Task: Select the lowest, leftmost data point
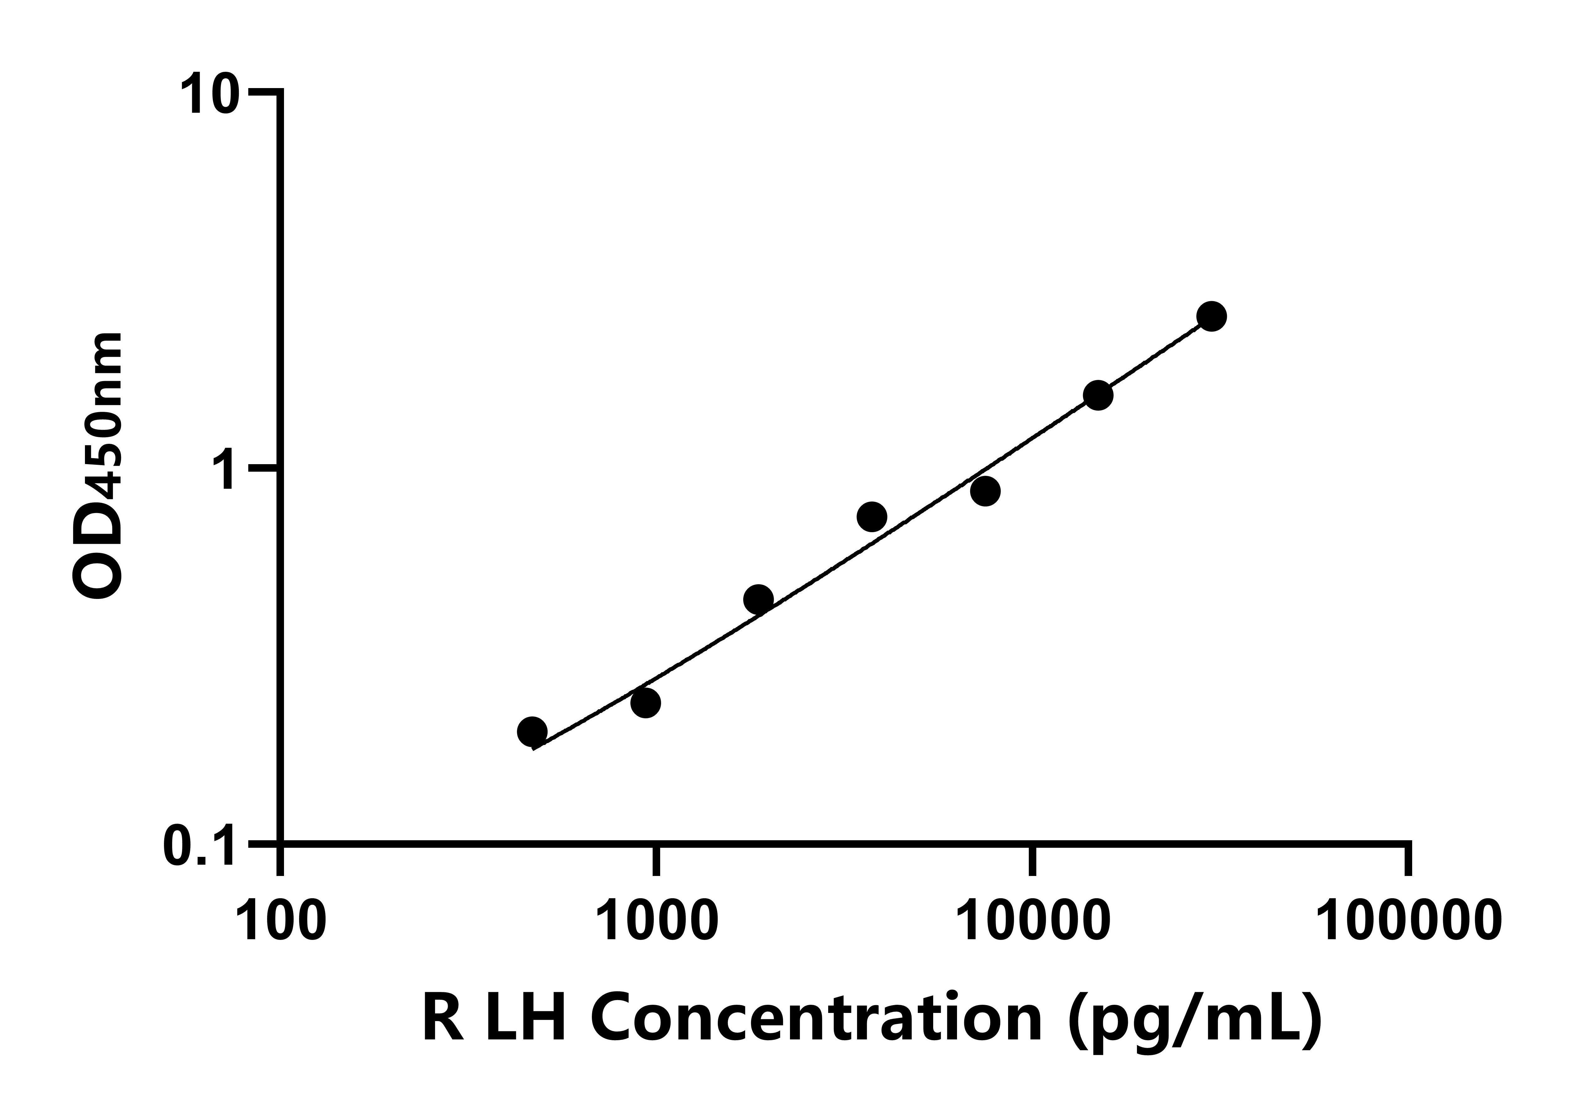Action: tap(532, 731)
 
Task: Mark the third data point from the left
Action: tap(758, 599)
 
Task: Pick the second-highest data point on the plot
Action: tap(1098, 395)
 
